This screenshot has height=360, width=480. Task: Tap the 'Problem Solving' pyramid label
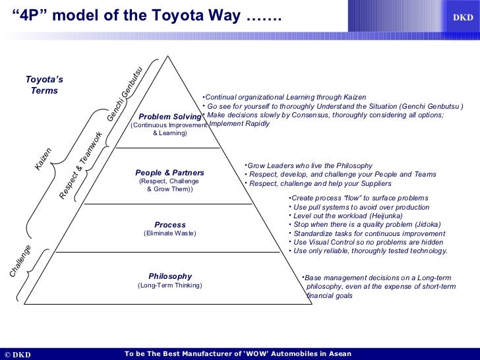(x=169, y=117)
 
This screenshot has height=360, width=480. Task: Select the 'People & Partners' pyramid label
(x=169, y=173)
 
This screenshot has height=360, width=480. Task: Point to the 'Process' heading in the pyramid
(x=169, y=225)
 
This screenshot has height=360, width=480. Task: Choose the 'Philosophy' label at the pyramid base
(x=170, y=276)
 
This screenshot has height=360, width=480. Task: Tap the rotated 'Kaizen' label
(x=44, y=160)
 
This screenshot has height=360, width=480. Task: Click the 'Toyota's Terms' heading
(x=44, y=85)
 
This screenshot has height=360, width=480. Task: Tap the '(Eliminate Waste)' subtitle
(x=169, y=233)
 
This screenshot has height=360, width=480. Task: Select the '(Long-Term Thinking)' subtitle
(x=169, y=285)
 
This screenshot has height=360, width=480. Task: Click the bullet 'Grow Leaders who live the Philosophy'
(x=308, y=165)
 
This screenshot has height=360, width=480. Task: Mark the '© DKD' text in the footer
(x=18, y=354)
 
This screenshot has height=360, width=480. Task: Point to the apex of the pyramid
(x=169, y=54)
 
